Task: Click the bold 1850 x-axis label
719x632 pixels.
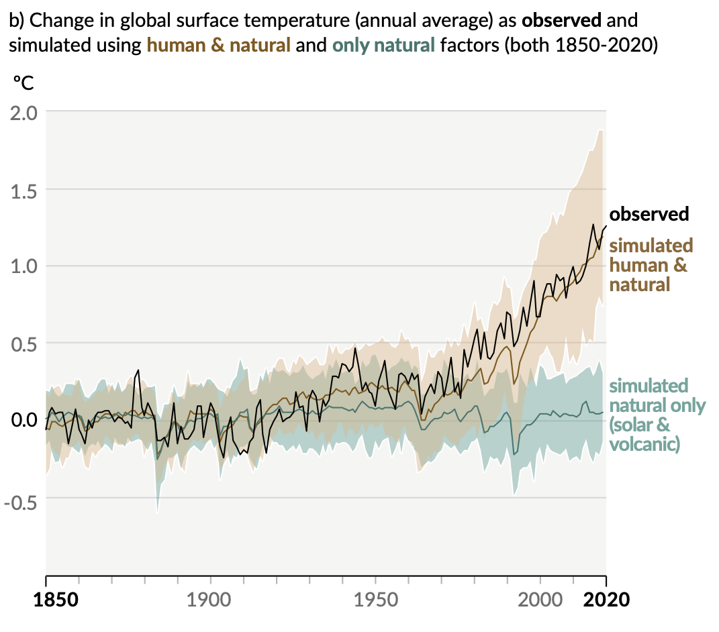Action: click(x=56, y=599)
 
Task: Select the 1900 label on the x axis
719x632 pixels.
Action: click(x=211, y=599)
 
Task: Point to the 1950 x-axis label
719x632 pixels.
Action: click(x=376, y=599)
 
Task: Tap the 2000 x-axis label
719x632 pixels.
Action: click(x=541, y=599)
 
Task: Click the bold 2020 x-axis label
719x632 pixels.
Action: click(x=606, y=599)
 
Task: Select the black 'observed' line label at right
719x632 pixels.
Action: click(x=649, y=214)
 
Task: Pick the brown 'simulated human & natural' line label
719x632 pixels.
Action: click(x=650, y=264)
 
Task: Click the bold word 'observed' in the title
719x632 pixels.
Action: click(x=561, y=19)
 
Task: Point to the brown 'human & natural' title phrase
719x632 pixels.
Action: click(x=219, y=46)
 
